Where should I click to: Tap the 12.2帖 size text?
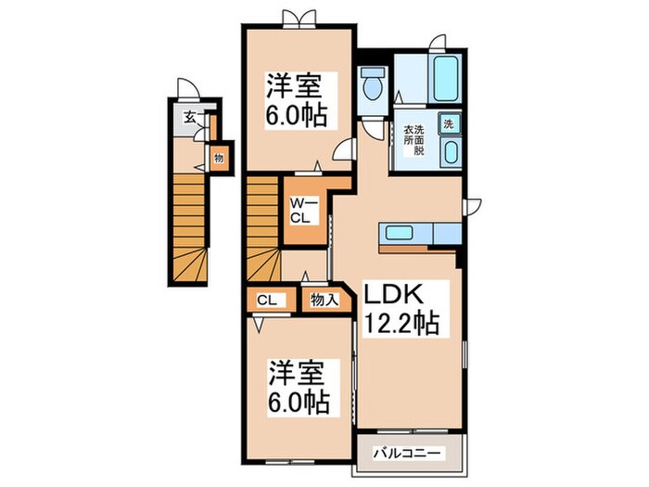(x=400, y=325)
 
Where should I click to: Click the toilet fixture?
(x=374, y=84)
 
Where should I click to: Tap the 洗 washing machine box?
(x=448, y=123)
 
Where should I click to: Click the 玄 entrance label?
(x=189, y=117)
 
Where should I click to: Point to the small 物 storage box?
(x=219, y=158)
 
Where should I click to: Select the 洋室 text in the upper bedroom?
(x=296, y=87)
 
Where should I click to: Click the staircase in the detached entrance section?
(x=189, y=223)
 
